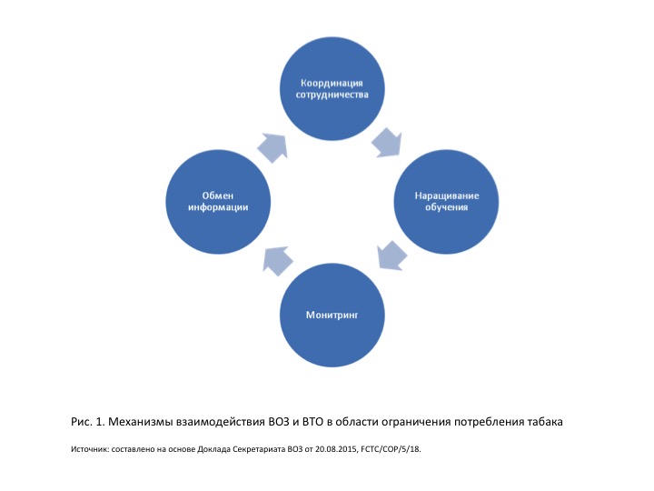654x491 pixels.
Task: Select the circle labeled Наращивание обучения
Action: click(x=447, y=202)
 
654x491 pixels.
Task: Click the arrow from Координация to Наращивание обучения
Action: click(x=387, y=142)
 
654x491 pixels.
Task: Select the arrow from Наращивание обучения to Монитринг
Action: click(x=391, y=256)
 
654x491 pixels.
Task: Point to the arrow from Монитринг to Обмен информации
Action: click(x=277, y=261)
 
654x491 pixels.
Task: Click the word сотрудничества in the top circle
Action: click(x=332, y=95)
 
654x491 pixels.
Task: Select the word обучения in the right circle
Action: click(x=447, y=207)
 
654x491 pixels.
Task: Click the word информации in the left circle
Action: click(x=218, y=207)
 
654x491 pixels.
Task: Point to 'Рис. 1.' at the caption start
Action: click(x=88, y=421)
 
